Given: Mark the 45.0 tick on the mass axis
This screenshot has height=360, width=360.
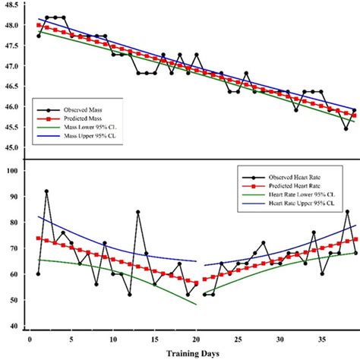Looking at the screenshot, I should [x=11, y=146].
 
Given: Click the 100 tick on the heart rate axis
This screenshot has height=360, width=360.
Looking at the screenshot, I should [x=11, y=171].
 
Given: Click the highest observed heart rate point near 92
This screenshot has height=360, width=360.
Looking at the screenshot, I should [x=46, y=191].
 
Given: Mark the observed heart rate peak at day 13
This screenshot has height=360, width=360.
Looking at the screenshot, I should [x=138, y=212].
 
